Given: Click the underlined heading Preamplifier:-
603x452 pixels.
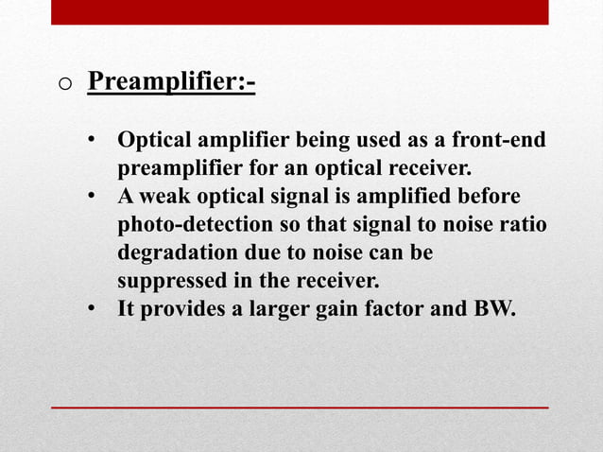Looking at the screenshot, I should [x=171, y=81].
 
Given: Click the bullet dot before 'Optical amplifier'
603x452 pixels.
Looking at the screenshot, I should [x=93, y=142].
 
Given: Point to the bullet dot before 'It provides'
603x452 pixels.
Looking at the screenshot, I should [x=93, y=309].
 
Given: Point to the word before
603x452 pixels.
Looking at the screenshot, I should [x=490, y=198].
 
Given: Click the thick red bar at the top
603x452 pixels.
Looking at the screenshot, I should [x=300, y=11].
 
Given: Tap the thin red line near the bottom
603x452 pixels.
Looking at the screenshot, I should [x=300, y=407].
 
